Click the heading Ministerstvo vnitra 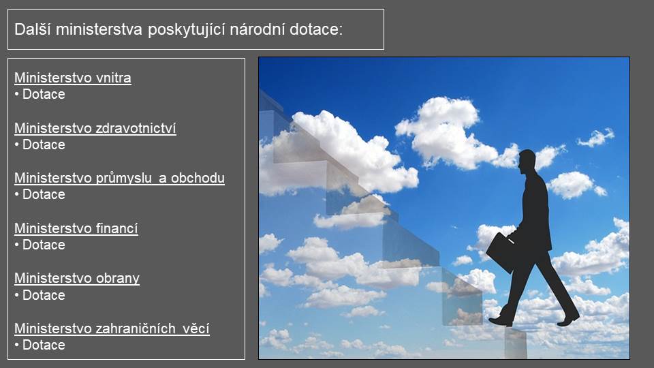(73, 78)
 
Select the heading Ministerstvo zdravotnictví (95, 128)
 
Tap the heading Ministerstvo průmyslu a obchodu (119, 178)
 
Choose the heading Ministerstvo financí (76, 228)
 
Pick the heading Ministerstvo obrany (77, 278)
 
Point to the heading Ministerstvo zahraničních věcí (112, 328)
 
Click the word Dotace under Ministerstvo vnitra (44, 94)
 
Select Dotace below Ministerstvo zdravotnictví (44, 144)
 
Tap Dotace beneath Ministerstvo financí (44, 245)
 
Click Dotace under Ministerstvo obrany (44, 295)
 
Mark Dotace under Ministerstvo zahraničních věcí (44, 345)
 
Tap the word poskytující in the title (187, 30)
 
